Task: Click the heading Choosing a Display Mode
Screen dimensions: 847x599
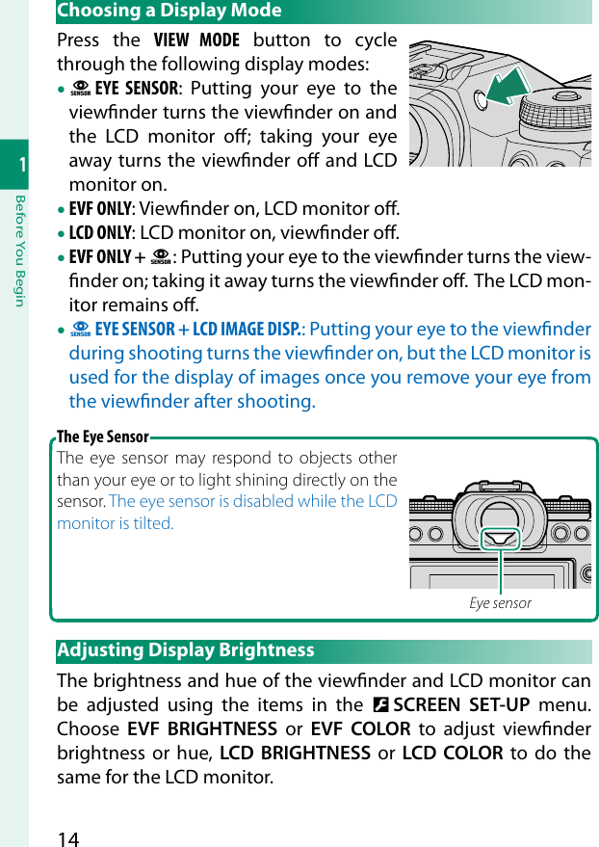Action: [x=169, y=11]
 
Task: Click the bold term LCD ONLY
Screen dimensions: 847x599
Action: [x=100, y=233]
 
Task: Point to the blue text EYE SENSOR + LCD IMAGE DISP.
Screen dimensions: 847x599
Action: [x=197, y=330]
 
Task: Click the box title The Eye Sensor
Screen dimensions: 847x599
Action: [x=103, y=437]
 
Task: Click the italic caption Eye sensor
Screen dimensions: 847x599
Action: [x=500, y=603]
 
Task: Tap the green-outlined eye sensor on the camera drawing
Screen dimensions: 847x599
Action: [x=501, y=539]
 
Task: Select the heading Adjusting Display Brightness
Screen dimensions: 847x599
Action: [x=186, y=650]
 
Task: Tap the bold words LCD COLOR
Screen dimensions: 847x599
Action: [x=452, y=753]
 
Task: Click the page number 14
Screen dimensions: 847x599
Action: [x=68, y=836]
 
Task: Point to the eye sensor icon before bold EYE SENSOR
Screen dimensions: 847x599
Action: [x=81, y=90]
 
